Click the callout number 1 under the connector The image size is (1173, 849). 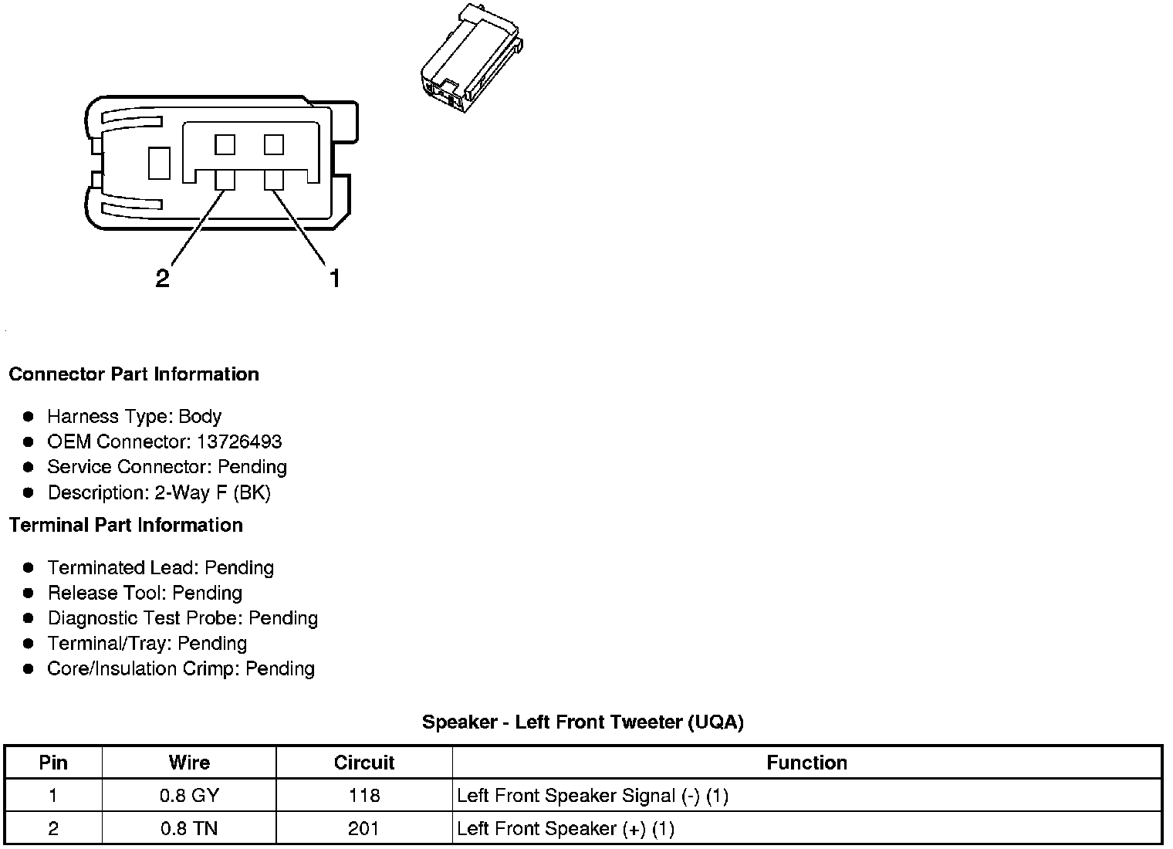335,278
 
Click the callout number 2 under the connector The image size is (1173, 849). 162,278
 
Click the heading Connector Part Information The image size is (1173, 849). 134,374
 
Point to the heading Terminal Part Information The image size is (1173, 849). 126,526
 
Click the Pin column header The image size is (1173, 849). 53,763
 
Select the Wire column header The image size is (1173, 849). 189,763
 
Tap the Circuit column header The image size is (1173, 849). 364,763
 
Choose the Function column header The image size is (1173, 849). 806,763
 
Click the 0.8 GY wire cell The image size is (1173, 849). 189,796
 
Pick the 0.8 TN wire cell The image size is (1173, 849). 189,829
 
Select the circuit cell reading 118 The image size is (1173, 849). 364,796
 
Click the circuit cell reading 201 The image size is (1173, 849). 364,829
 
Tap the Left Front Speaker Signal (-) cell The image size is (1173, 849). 592,796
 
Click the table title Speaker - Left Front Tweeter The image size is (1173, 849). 583,722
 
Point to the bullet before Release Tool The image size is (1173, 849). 29,594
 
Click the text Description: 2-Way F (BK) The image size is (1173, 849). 159,493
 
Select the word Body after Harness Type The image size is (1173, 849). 200,417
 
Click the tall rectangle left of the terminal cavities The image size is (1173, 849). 159,164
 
